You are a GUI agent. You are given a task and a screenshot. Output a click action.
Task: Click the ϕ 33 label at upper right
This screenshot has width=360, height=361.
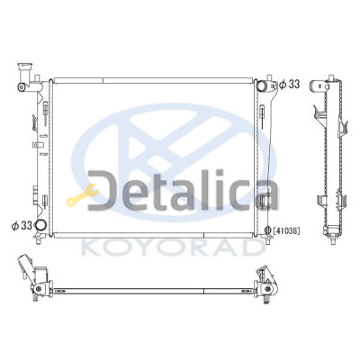click(289, 85)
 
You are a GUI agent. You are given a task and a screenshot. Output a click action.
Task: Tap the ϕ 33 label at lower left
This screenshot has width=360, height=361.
click(22, 225)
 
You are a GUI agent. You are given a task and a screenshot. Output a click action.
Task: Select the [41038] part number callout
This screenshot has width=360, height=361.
click(286, 230)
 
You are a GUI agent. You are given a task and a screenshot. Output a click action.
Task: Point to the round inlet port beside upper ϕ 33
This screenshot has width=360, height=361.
click(261, 86)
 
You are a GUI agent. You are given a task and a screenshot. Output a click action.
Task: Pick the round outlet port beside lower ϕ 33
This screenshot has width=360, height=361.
click(40, 225)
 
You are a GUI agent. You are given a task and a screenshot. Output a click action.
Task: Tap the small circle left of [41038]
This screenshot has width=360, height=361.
click(269, 230)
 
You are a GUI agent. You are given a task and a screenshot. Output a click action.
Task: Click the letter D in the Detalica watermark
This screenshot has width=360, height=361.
click(103, 191)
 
